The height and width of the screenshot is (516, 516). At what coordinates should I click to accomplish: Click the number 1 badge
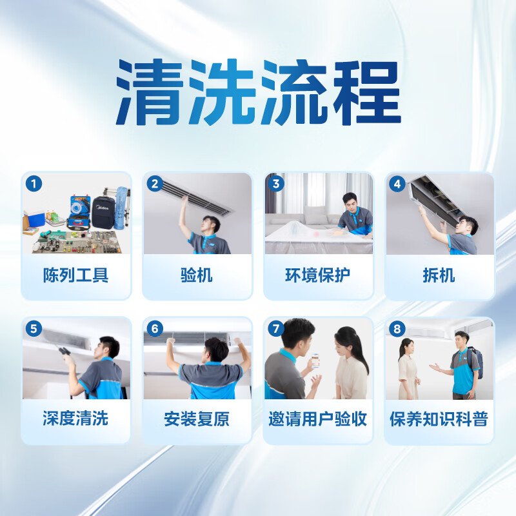pos(34,184)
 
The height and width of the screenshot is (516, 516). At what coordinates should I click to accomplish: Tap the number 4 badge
pos(397,184)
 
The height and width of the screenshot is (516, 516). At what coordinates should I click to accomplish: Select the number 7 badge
pos(276,328)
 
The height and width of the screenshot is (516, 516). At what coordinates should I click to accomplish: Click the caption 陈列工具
pos(76,275)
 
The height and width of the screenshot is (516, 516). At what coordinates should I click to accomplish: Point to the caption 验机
pos(197,275)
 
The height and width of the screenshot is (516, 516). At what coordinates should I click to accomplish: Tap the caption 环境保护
pos(318,275)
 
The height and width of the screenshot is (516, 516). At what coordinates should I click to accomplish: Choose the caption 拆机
pos(439,275)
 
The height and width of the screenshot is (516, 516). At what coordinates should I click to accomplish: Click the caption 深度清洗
pos(76,419)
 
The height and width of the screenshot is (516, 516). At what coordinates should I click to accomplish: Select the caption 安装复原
pos(197,419)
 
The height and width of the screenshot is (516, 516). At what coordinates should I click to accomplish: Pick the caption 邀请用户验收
pos(318,419)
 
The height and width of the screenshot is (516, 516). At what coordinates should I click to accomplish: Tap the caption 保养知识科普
pos(439,419)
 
